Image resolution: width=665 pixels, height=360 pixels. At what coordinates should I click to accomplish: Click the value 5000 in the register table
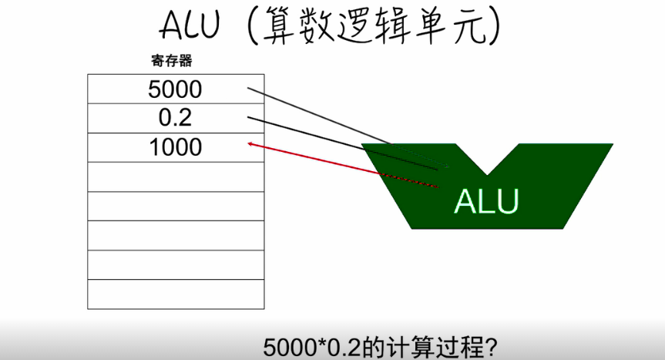pos(175,89)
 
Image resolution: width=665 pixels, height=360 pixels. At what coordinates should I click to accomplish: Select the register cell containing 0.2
pos(175,119)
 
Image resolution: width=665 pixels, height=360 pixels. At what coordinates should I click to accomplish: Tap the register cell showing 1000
pos(175,147)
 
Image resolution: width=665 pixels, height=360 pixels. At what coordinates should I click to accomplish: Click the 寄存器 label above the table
pos(171,60)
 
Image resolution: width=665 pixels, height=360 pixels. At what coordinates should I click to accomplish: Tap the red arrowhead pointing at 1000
pos(250,143)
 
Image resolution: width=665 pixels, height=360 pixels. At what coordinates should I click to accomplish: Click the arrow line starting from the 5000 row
pos(324,116)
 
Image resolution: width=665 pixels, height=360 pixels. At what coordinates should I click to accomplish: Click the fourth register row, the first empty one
pos(176,177)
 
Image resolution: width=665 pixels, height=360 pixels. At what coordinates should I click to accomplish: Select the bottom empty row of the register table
pos(176,294)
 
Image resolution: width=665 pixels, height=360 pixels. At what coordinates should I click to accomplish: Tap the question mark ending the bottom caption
pos(488,345)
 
